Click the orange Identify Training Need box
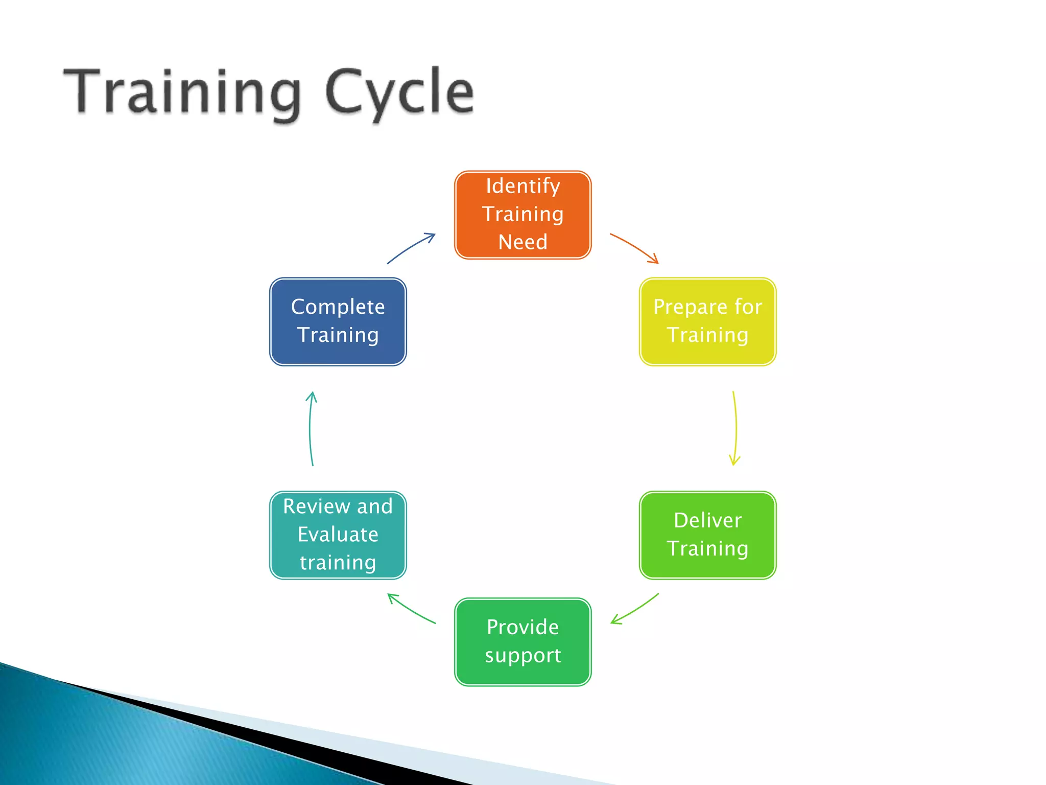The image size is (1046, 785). pos(522,215)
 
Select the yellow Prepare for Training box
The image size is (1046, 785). pos(707,321)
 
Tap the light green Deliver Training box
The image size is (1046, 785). pos(707,535)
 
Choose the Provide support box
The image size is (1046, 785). pos(522,641)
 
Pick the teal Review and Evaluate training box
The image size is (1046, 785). pos(338,535)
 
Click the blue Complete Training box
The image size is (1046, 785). pos(338,321)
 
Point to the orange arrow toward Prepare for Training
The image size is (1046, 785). pos(634,247)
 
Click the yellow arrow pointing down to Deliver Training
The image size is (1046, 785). pos(735,428)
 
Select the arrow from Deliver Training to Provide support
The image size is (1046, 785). pos(635,610)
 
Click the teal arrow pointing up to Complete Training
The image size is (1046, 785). pos(310,428)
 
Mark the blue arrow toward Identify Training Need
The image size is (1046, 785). pos(411,247)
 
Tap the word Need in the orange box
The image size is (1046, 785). pos(522,242)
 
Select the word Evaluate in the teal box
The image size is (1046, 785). pos(338,535)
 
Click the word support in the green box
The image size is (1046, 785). pos(522,656)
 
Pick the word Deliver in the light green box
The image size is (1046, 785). pos(707,520)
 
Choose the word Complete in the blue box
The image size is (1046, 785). pos(338,307)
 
